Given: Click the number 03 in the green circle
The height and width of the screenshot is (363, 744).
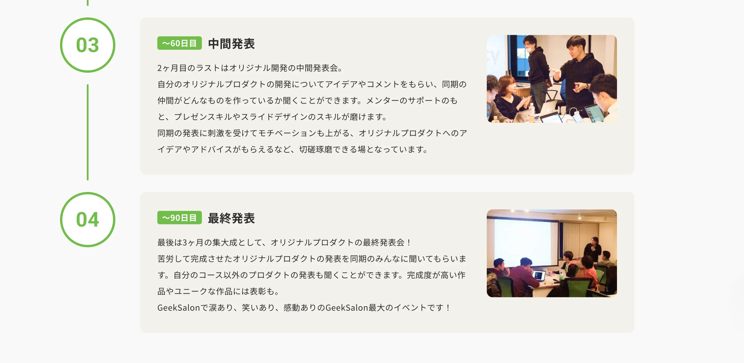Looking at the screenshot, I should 87,45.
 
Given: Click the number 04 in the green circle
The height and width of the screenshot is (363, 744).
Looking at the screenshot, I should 87,220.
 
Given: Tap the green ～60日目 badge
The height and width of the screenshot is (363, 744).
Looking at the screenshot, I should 179,43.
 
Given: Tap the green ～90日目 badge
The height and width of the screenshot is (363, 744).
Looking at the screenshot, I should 179,218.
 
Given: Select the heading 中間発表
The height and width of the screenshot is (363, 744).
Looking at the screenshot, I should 231,44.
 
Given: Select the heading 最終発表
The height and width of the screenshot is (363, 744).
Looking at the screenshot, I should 231,218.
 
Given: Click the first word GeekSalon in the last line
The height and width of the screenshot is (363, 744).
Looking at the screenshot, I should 178,307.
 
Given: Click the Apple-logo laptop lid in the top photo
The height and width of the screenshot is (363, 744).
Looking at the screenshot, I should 549,108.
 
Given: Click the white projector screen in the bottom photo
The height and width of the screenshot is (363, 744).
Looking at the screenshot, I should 524,241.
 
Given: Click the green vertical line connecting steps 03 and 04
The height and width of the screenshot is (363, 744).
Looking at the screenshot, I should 87,132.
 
